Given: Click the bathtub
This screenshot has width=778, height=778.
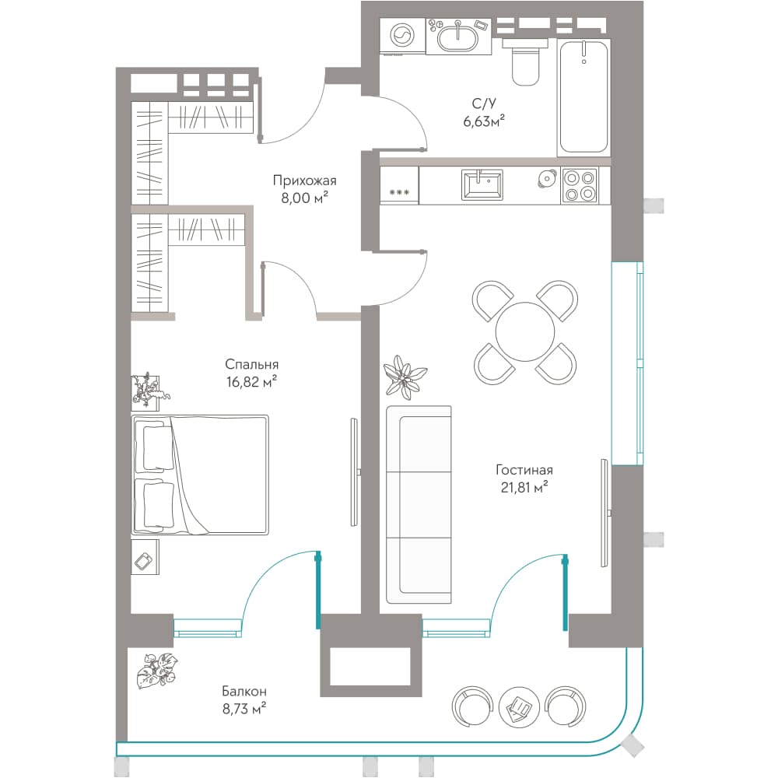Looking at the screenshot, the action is pyautogui.click(x=583, y=96).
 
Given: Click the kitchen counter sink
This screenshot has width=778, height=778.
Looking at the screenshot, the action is pyautogui.click(x=482, y=184).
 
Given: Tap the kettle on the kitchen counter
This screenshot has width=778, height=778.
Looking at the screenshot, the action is pyautogui.click(x=546, y=179).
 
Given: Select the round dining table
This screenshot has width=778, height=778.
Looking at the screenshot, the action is pyautogui.click(x=525, y=331).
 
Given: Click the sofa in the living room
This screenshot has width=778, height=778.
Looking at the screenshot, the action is pyautogui.click(x=419, y=505).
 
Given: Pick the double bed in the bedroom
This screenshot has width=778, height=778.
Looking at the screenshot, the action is pyautogui.click(x=200, y=475).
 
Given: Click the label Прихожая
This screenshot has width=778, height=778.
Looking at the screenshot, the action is pyautogui.click(x=305, y=180).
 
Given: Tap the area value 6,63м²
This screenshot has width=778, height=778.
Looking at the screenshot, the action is pyautogui.click(x=484, y=121).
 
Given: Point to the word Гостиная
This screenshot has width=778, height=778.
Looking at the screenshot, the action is pyautogui.click(x=524, y=469).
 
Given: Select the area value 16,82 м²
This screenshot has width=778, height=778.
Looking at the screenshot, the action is pyautogui.click(x=251, y=382).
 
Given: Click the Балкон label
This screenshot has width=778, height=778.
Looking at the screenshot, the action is pyautogui.click(x=244, y=691).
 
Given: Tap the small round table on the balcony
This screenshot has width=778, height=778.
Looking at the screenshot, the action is pyautogui.click(x=518, y=706).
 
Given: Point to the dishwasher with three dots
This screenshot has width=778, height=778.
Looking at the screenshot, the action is pyautogui.click(x=399, y=185).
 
